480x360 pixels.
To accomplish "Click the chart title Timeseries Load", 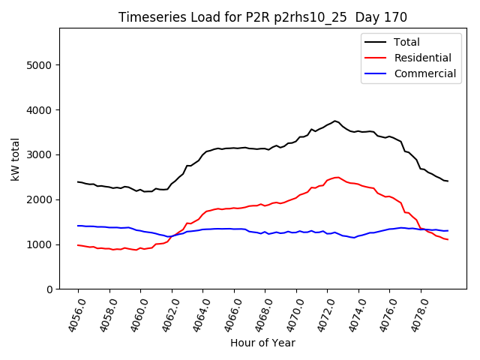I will pyautogui.click(x=262, y=17).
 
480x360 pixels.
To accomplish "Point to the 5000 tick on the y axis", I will pyautogui.click(x=40, y=65).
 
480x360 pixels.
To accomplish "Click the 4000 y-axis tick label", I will pyautogui.click(x=40, y=110).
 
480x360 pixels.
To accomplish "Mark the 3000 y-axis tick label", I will pyautogui.click(x=40, y=155).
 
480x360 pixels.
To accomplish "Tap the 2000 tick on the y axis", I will pyautogui.click(x=40, y=199).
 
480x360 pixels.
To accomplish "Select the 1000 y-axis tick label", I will pyautogui.click(x=40, y=244).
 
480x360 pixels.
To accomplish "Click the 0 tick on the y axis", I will pyautogui.click(x=49, y=289).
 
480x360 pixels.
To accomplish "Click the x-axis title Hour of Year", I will pyautogui.click(x=262, y=343).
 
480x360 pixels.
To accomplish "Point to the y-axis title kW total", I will pyautogui.click(x=16, y=158).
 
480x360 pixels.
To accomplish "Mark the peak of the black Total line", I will pyautogui.click(x=335, y=121).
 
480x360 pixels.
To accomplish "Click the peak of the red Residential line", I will pyautogui.click(x=337, y=177).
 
